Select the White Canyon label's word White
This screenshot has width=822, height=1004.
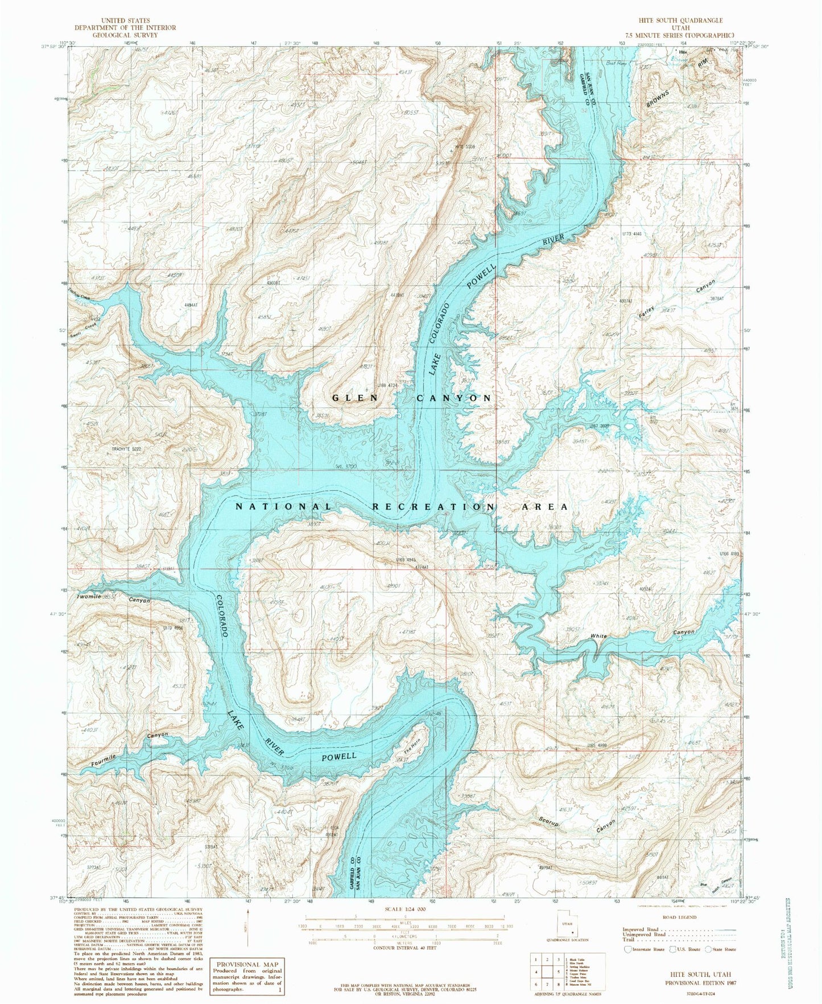pyautogui.click(x=598, y=637)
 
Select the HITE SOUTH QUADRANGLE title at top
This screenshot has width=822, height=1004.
pyautogui.click(x=672, y=20)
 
